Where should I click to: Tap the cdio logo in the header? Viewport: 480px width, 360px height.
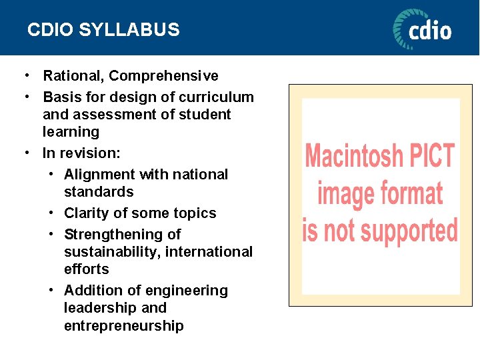422,29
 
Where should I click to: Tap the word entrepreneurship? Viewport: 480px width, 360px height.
124,326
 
